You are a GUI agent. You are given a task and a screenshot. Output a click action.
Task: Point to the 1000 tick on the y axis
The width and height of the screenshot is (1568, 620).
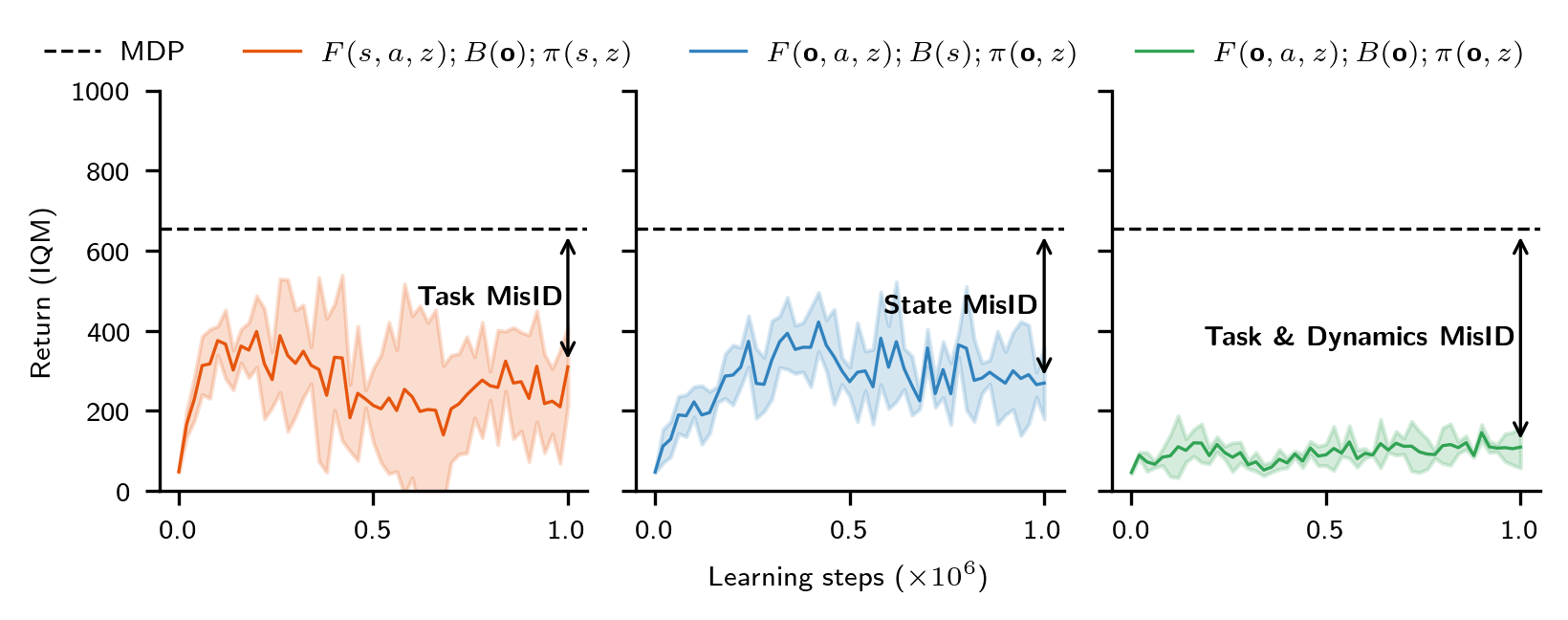pos(100,93)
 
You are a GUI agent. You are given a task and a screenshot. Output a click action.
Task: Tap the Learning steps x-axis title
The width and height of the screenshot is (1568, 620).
pos(847,577)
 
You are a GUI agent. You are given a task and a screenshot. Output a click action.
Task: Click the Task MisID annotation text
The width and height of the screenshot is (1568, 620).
pos(490,297)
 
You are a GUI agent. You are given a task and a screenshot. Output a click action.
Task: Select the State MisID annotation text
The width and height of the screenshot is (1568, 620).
pos(960,305)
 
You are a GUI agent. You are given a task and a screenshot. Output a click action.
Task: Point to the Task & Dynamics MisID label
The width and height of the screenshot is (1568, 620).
pos(1359,337)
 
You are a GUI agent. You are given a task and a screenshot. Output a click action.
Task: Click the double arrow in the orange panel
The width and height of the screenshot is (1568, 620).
pos(568,298)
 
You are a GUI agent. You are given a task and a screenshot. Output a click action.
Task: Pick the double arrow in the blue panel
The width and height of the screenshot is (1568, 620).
pos(1044,305)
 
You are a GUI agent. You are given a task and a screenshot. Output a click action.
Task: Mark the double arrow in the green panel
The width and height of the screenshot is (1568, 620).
pos(1520,338)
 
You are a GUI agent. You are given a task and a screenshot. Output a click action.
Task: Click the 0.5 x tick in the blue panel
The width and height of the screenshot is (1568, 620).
pos(849,530)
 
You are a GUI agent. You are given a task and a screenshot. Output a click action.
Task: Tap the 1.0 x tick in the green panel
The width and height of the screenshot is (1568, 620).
pos(1519,530)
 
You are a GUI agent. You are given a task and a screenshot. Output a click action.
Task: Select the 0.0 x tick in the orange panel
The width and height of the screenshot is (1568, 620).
pos(178,530)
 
